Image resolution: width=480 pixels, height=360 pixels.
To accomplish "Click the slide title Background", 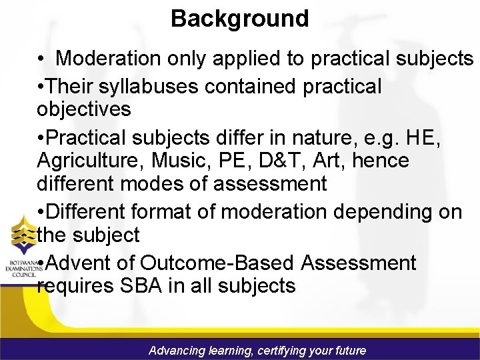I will click(239, 18).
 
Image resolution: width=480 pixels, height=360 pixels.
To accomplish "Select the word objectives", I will click(84, 109).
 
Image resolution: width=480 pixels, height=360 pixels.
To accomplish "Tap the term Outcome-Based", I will click(218, 263).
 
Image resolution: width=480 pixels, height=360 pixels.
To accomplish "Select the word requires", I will click(74, 287).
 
